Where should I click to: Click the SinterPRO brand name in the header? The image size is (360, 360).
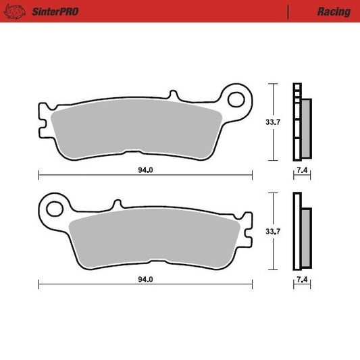(x=55, y=11)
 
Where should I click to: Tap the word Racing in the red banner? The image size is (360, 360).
(x=334, y=11)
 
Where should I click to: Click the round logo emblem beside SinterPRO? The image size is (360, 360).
(x=14, y=11)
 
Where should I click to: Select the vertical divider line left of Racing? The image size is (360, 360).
(x=288, y=12)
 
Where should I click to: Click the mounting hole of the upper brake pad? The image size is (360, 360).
(x=236, y=99)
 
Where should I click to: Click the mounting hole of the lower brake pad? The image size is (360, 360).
(x=55, y=209)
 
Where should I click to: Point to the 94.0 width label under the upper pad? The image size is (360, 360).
(x=145, y=170)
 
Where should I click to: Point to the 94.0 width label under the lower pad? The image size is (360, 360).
(x=145, y=280)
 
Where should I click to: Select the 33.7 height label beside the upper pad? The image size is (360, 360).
(x=273, y=122)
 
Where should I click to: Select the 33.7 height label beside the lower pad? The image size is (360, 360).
(x=273, y=232)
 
